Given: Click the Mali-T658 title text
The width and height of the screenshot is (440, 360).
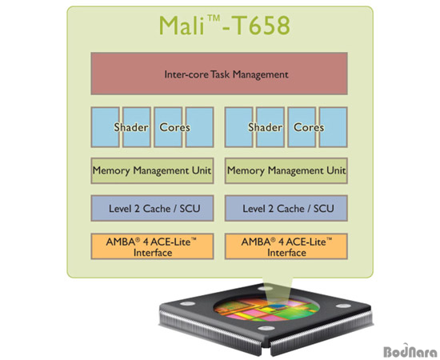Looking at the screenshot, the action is point(225,26).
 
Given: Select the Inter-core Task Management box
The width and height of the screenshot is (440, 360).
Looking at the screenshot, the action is point(219,74).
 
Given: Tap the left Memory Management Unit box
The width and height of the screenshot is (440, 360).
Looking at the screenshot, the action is point(152,170).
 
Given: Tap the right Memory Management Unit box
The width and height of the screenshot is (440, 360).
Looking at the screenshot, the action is point(286,170).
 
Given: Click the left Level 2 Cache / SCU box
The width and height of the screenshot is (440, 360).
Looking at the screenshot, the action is point(152,208).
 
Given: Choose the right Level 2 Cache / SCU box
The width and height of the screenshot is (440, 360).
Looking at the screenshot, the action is point(286,208).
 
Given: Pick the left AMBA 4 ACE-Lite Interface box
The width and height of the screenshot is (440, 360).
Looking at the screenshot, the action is point(152,246).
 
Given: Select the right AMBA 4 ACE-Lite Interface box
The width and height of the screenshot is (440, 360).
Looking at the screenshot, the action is point(286,246).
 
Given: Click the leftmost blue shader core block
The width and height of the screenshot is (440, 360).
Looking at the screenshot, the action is point(106,127).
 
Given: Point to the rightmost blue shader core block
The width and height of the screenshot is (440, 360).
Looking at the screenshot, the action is point(334,127).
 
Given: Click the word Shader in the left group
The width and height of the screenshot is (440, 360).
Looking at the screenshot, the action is point(131,127).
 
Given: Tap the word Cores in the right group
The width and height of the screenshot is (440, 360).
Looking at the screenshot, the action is point(309,127).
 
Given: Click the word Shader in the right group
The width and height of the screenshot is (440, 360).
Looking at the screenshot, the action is point(265,127).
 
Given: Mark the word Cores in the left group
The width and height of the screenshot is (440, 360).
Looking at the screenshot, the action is point(174,127).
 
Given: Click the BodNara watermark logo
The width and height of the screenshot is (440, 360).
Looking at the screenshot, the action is point(410,350).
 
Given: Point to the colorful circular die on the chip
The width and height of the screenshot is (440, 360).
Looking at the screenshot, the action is point(266,309).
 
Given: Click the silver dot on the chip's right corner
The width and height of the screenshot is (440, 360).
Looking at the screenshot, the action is point(343,306).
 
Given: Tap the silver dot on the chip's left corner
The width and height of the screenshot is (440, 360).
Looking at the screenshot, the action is point(187,304).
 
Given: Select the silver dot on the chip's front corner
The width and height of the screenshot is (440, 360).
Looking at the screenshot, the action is point(266,328).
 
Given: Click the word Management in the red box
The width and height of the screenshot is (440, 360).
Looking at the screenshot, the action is point(261,74).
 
